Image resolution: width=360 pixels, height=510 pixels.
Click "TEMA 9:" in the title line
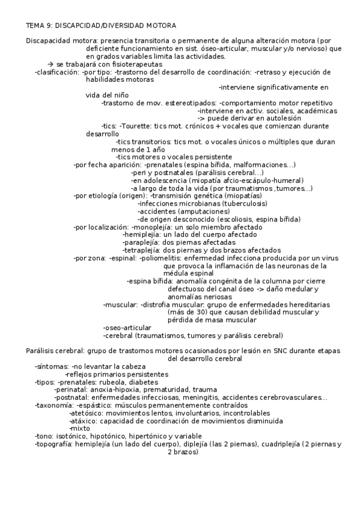(39, 26)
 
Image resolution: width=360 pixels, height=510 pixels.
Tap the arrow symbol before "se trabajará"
(50, 64)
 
